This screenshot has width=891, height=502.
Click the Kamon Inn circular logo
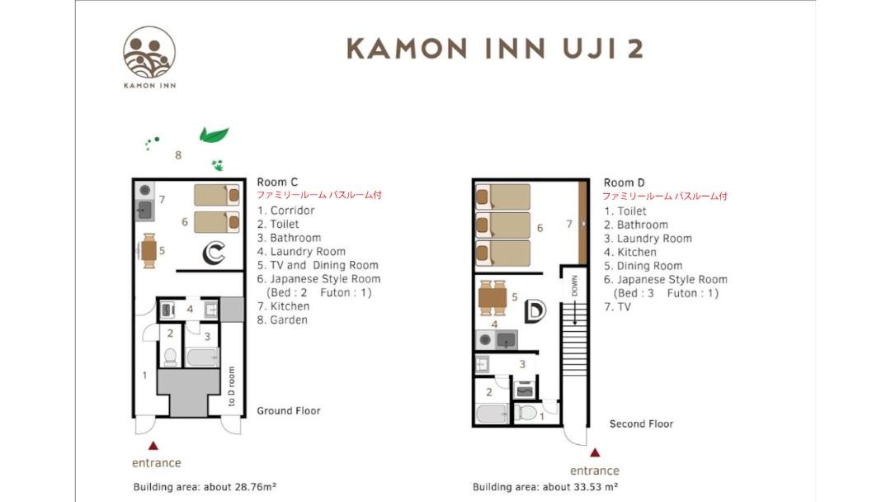click(x=149, y=52)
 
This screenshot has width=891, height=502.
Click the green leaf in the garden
click(x=214, y=135)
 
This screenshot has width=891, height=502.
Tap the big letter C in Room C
click(x=214, y=253)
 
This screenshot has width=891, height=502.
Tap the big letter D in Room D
click(x=534, y=310)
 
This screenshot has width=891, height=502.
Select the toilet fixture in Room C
click(x=171, y=357)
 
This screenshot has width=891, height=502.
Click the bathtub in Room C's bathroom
click(x=202, y=357)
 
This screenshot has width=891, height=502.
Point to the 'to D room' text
click(x=231, y=386)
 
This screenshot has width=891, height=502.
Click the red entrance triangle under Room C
click(x=153, y=446)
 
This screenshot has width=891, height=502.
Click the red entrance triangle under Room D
click(x=594, y=452)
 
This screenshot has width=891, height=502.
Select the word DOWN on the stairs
click(x=574, y=286)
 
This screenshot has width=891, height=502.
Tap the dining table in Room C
click(x=148, y=251)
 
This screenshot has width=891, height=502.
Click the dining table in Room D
click(x=493, y=298)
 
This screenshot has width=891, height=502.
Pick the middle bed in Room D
click(x=503, y=225)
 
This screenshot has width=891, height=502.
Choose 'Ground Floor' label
click(x=289, y=410)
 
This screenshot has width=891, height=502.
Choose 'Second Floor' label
click(x=641, y=424)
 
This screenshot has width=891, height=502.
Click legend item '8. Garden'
click(x=282, y=320)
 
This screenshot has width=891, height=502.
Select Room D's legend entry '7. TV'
click(x=617, y=307)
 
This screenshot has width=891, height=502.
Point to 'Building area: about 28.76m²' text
click(x=205, y=486)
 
